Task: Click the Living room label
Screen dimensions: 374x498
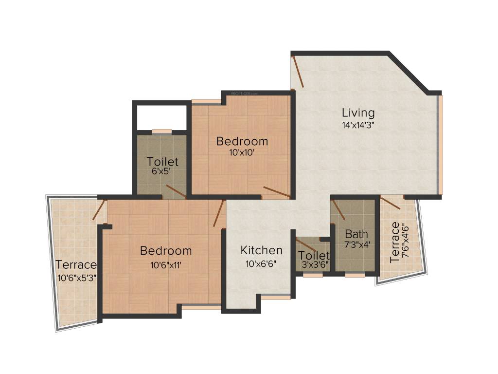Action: (x=358, y=112)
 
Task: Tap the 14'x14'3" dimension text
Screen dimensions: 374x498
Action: (x=358, y=124)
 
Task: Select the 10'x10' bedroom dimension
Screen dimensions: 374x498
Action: (x=242, y=152)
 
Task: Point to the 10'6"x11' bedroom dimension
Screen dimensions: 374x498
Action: (x=166, y=265)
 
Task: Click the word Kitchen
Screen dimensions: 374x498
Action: (x=262, y=250)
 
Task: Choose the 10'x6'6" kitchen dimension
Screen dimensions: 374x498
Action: (x=262, y=264)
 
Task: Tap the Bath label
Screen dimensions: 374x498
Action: (x=356, y=233)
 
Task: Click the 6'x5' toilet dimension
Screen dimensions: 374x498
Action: (x=162, y=171)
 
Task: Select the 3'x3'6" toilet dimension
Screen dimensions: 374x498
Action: (x=314, y=265)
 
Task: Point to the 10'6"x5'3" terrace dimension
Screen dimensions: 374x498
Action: (x=77, y=278)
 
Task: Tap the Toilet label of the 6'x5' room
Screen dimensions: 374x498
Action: (x=162, y=161)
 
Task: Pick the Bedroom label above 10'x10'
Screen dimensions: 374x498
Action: (x=242, y=141)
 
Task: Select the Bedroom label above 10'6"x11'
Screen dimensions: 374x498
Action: (x=166, y=251)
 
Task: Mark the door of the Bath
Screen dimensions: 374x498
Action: (x=338, y=208)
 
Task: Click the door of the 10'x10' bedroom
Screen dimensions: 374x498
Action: (x=277, y=192)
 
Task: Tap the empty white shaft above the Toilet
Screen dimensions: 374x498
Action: (x=160, y=117)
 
